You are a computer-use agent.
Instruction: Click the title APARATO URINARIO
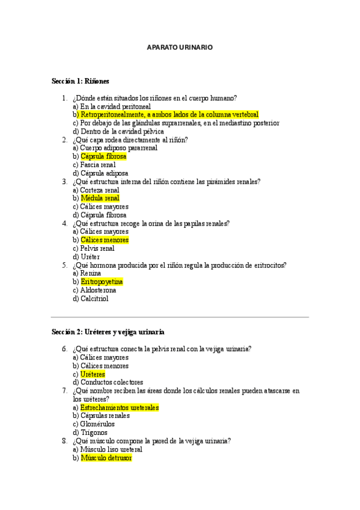[180, 47]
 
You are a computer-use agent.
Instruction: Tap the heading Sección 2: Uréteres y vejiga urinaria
[108, 332]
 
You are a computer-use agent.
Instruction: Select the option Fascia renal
[97, 165]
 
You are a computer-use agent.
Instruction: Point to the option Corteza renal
[99, 190]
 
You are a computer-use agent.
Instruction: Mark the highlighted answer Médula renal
[100, 198]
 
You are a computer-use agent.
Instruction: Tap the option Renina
[90, 273]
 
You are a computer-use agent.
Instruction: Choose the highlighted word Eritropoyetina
[102, 281]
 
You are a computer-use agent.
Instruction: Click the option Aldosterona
[98, 290]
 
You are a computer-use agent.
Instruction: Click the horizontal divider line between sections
[180, 317]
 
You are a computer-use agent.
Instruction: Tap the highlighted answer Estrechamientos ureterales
[119, 407]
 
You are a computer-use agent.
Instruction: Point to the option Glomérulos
[97, 424]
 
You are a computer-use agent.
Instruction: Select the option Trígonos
[93, 432]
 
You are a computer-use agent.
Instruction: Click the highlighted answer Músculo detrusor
[106, 458]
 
